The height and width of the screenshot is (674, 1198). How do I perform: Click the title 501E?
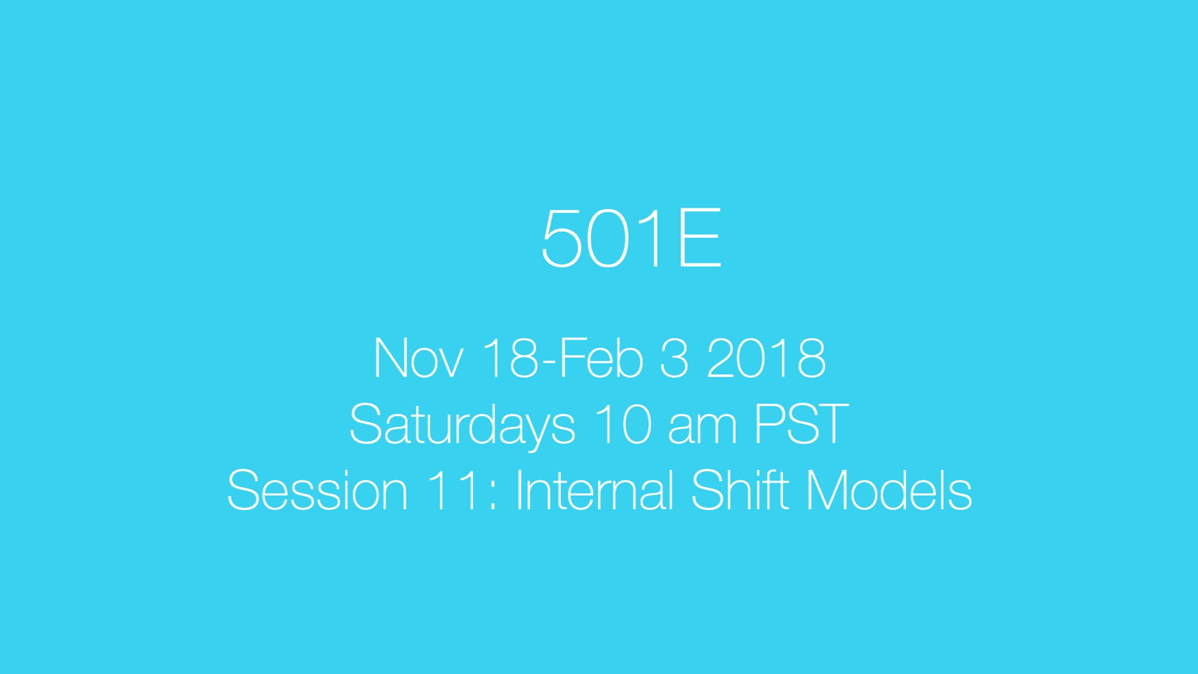pyautogui.click(x=631, y=238)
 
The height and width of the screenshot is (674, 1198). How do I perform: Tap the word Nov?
pyautogui.click(x=418, y=358)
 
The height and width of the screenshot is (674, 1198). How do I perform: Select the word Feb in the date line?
pyautogui.click(x=601, y=358)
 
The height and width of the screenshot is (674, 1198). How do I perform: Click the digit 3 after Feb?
pyautogui.click(x=674, y=358)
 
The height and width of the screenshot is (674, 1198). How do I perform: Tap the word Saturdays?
pyautogui.click(x=462, y=425)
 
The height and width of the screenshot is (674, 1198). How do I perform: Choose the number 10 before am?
pyautogui.click(x=623, y=424)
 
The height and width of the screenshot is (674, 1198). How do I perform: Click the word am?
pyautogui.click(x=702, y=429)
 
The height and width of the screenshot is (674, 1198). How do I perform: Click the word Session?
pyautogui.click(x=317, y=490)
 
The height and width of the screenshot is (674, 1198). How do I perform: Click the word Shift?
pyautogui.click(x=740, y=490)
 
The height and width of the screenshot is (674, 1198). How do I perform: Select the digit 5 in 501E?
pyautogui.click(x=562, y=239)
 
